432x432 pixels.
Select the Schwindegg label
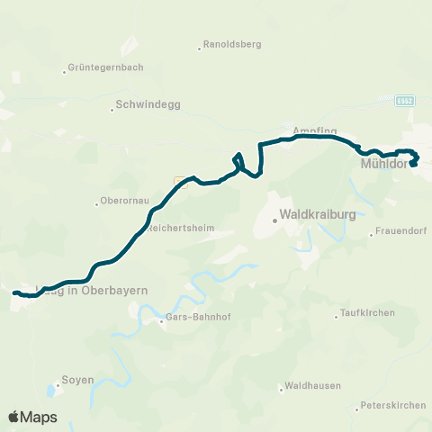(148, 105)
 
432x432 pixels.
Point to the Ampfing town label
(308, 130)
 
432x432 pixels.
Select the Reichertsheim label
(181, 229)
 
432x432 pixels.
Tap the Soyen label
(77, 380)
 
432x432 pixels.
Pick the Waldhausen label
(310, 387)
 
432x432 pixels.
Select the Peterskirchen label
(392, 406)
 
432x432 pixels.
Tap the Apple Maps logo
(32, 417)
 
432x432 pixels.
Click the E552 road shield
(406, 102)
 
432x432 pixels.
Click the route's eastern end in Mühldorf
(413, 164)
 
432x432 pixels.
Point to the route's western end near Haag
(14, 292)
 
